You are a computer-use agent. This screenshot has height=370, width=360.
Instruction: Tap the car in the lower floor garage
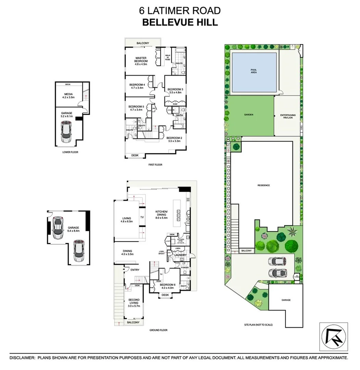click(66, 132)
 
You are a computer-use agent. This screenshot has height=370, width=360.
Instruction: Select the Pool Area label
click(254, 71)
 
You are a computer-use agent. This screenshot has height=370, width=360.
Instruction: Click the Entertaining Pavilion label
click(288, 116)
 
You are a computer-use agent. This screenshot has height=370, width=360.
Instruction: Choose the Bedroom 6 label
click(167, 285)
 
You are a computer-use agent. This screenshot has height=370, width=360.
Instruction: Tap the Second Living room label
click(134, 302)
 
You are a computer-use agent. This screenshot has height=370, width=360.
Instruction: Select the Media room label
click(68, 95)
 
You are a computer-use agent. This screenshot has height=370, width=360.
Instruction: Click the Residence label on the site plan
click(263, 185)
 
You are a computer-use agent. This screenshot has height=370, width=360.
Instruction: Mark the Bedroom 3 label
click(175, 90)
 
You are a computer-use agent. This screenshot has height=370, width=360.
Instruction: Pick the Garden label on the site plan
click(249, 115)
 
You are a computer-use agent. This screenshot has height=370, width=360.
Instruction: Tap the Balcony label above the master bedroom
click(143, 43)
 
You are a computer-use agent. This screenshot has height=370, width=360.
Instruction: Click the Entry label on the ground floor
click(135, 270)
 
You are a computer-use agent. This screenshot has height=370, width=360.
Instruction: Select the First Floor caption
click(155, 165)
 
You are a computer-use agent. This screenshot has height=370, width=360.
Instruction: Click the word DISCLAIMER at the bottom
click(22, 358)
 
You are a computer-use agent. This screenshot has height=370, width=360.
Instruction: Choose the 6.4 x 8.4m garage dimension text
click(73, 231)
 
